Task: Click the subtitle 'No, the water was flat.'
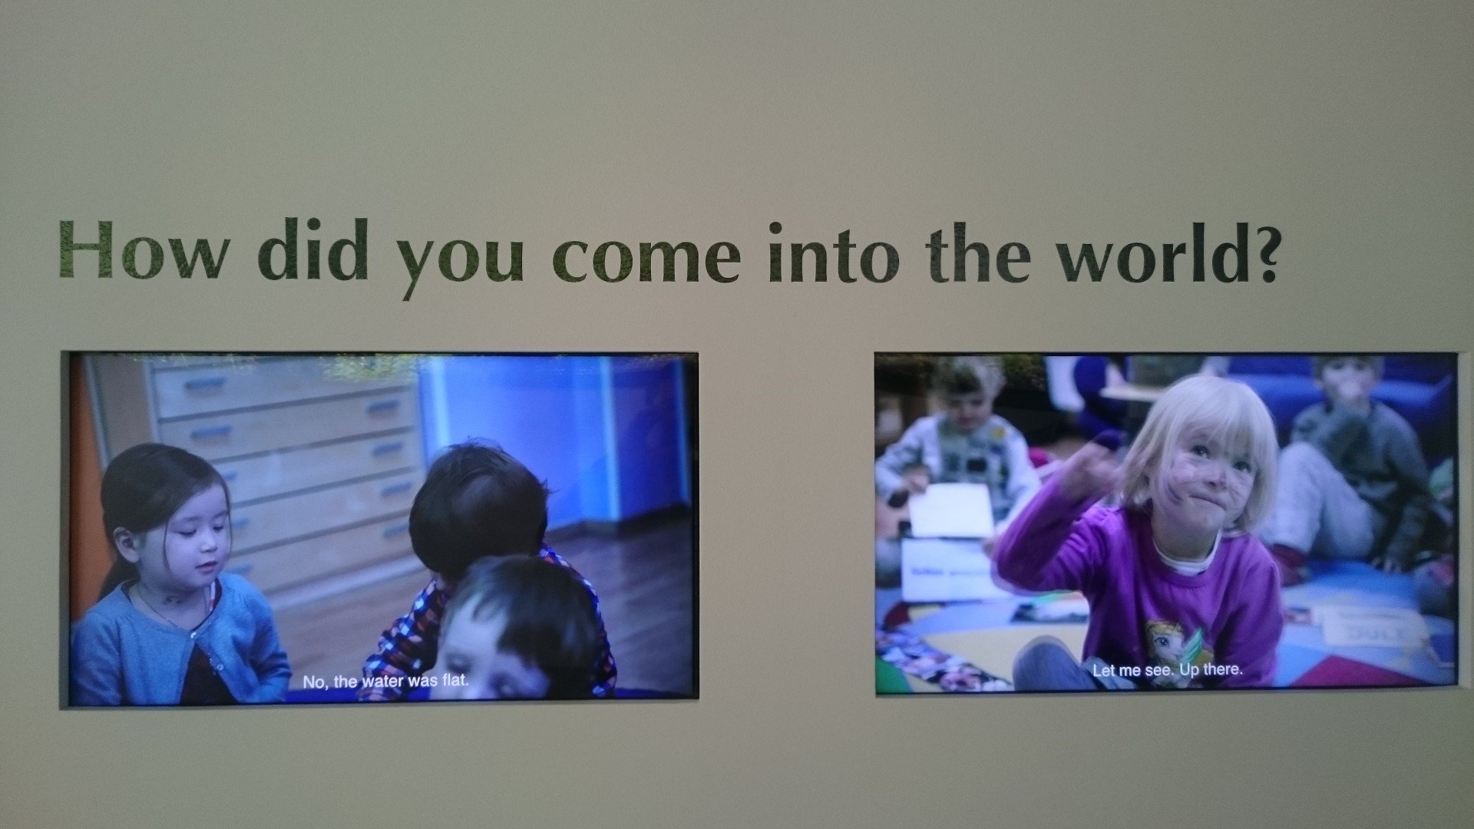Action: click(385, 681)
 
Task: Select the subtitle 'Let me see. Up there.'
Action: click(1168, 670)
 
